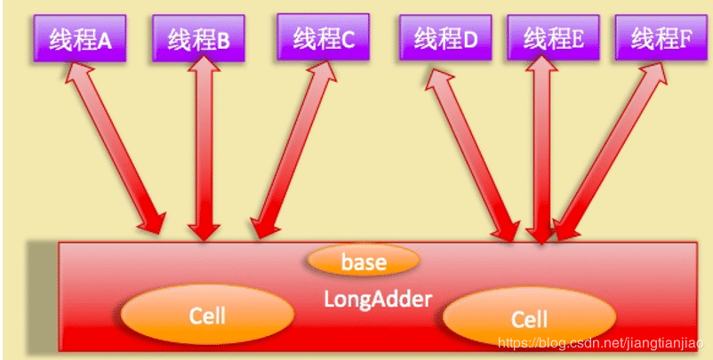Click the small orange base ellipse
[x=363, y=261]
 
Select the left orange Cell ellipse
[x=207, y=316]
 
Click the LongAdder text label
[x=377, y=299]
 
